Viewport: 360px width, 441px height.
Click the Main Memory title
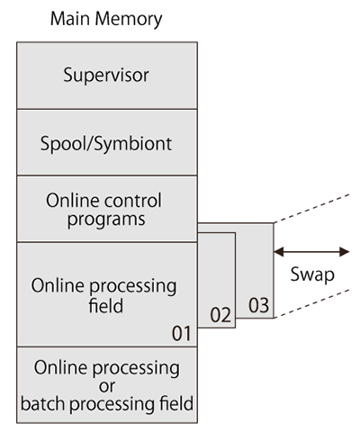pos(106,20)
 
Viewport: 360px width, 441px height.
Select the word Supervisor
pos(106,75)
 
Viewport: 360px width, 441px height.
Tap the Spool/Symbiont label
pos(106,144)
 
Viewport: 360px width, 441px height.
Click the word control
pos(132,200)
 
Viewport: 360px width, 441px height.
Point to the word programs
pos(106,220)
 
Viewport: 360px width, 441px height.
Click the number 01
pos(181,333)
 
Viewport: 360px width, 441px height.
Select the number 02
pos(220,315)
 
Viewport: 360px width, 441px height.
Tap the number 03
pos(258,305)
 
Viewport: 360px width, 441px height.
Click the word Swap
pos(312,274)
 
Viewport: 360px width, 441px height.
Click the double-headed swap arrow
pos(311,252)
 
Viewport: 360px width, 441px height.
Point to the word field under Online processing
pos(106,305)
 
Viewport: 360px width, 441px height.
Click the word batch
pos(44,403)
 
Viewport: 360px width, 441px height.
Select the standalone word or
pos(107,387)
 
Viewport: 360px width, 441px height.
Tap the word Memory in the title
pos(129,20)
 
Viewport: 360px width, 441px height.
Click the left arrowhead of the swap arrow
pos(279,252)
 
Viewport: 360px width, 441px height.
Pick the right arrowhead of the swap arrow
pos(345,252)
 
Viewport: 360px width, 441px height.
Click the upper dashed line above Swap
pos(311,209)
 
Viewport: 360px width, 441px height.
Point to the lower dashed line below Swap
pos(311,303)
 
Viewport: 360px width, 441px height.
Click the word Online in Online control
pos(73,200)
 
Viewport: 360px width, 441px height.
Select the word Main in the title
pos(71,19)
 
